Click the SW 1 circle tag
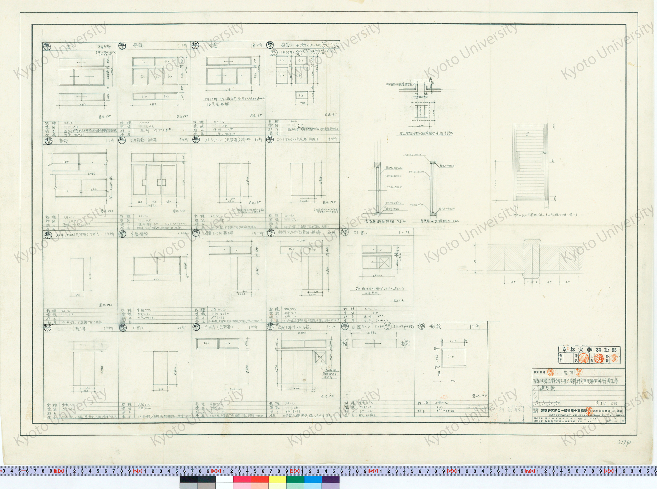point(47,46)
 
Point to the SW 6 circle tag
point(421,326)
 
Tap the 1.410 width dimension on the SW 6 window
point(453,341)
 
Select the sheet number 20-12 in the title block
point(612,420)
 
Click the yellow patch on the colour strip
point(277,480)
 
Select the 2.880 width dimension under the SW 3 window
point(228,89)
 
